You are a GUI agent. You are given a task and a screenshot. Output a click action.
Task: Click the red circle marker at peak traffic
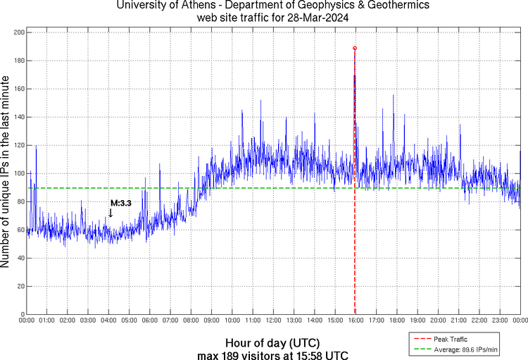click(355, 48)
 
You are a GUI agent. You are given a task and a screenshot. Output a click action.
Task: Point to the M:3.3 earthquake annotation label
click(120, 203)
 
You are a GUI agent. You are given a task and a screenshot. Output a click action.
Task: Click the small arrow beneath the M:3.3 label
click(111, 212)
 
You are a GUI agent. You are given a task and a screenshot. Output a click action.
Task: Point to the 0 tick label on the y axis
click(22, 314)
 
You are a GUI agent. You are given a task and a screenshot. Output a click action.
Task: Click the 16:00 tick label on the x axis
click(356, 321)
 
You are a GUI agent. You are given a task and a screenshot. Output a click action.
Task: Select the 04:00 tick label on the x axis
click(109, 321)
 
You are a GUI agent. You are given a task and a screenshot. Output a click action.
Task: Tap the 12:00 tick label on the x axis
click(273, 321)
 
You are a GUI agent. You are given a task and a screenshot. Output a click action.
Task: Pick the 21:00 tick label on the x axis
click(458, 321)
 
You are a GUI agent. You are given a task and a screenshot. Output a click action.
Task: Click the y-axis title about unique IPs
click(6, 173)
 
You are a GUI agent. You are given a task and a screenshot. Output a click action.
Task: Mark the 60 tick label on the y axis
click(20, 230)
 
